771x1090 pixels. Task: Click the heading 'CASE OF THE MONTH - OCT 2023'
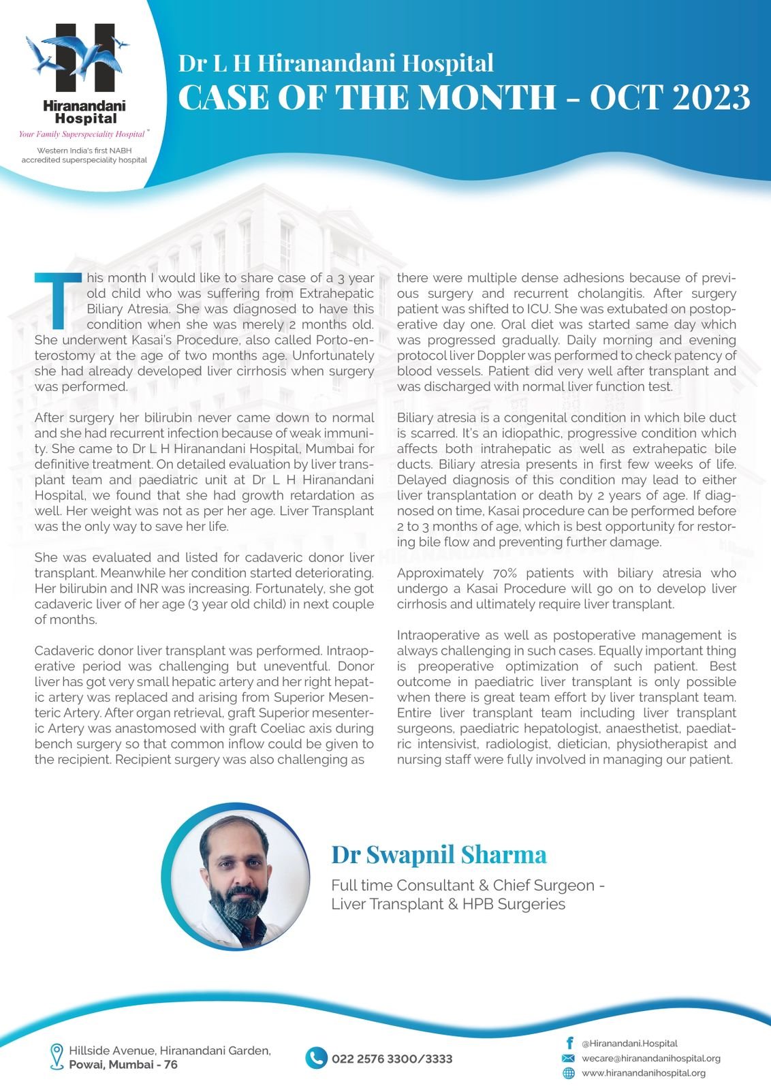tap(464, 97)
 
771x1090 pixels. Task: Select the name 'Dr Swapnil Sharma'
tap(439, 854)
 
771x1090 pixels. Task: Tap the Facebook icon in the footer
tap(569, 1043)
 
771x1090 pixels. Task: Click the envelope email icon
tap(568, 1058)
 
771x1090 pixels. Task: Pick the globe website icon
tap(568, 1073)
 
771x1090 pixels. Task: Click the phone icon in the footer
tap(316, 1058)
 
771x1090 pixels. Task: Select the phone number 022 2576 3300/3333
tap(392, 1059)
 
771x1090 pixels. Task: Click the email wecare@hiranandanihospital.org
tap(650, 1058)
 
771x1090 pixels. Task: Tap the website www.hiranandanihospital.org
tap(643, 1073)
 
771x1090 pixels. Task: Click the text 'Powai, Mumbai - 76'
tap(123, 1064)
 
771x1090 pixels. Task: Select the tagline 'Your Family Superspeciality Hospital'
tap(82, 134)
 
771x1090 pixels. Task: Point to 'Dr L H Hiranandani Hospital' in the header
tap(336, 63)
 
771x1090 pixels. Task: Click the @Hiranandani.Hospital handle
tap(629, 1043)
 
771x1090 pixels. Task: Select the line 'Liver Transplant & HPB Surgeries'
tap(448, 904)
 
